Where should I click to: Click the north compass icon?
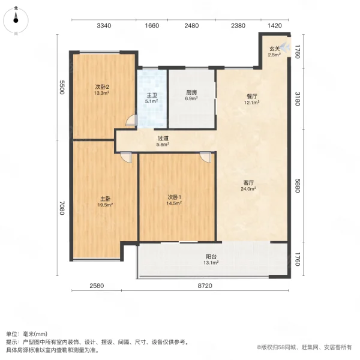point(16,21)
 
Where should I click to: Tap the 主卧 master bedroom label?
point(104,198)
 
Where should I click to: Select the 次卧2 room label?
point(101,86)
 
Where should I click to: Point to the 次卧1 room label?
point(174,197)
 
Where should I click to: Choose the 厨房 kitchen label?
point(191,92)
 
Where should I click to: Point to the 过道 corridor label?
point(163,138)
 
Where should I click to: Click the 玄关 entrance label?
point(274,49)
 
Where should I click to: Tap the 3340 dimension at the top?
point(104,26)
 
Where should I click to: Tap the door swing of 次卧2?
point(131,121)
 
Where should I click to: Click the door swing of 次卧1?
point(206,157)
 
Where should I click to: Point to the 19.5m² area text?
point(104,205)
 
